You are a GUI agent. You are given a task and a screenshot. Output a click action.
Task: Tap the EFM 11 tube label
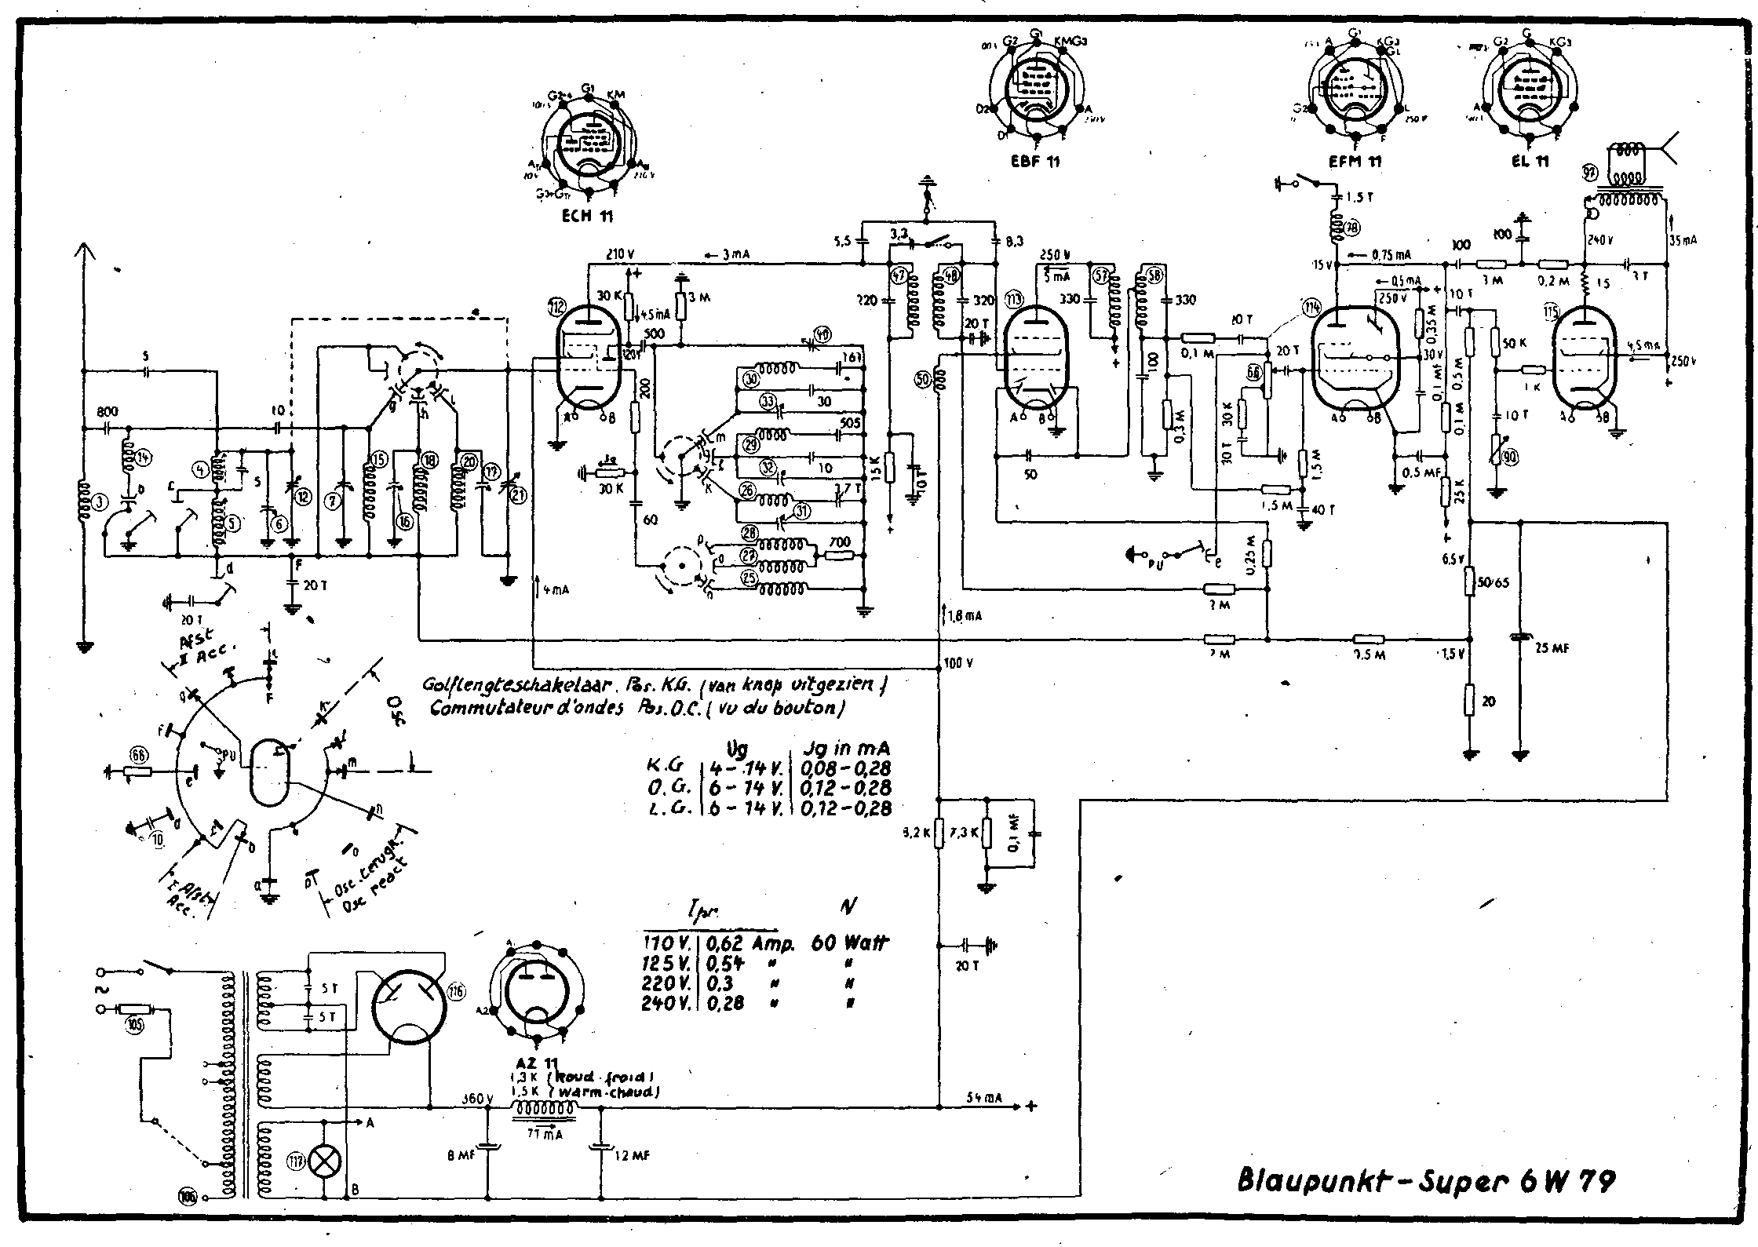1356,162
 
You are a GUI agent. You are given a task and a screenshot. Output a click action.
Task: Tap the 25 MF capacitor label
1550,648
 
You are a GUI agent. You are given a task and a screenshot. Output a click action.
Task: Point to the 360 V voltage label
476,1099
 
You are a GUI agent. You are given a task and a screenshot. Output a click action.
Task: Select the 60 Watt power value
850,943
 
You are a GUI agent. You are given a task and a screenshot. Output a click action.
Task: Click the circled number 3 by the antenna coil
98,504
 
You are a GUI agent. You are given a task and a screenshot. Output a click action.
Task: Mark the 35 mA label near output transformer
1683,240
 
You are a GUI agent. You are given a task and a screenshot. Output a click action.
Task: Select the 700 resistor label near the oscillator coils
839,541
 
